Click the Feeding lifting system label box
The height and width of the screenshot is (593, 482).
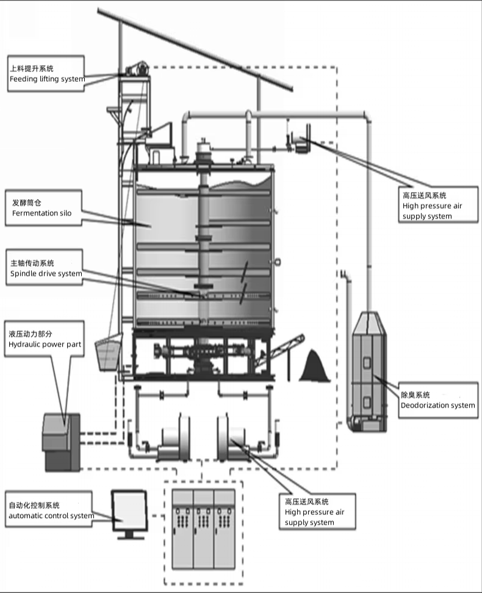[x=46, y=74]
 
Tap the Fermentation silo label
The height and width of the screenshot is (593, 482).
[x=43, y=208]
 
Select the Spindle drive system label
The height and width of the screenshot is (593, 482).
[x=44, y=267]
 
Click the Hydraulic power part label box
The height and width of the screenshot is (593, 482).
[x=44, y=339]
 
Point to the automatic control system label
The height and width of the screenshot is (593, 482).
[x=49, y=509]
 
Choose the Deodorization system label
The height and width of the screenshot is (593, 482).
[x=438, y=400]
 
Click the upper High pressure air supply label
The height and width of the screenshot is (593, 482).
[x=438, y=205]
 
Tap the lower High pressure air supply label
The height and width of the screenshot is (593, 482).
[x=317, y=511]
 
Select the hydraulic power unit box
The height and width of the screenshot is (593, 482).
[x=61, y=442]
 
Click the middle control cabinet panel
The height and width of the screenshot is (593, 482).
[x=204, y=529]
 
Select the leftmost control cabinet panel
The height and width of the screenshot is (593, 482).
[x=183, y=529]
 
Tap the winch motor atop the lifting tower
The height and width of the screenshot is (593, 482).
[x=137, y=68]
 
